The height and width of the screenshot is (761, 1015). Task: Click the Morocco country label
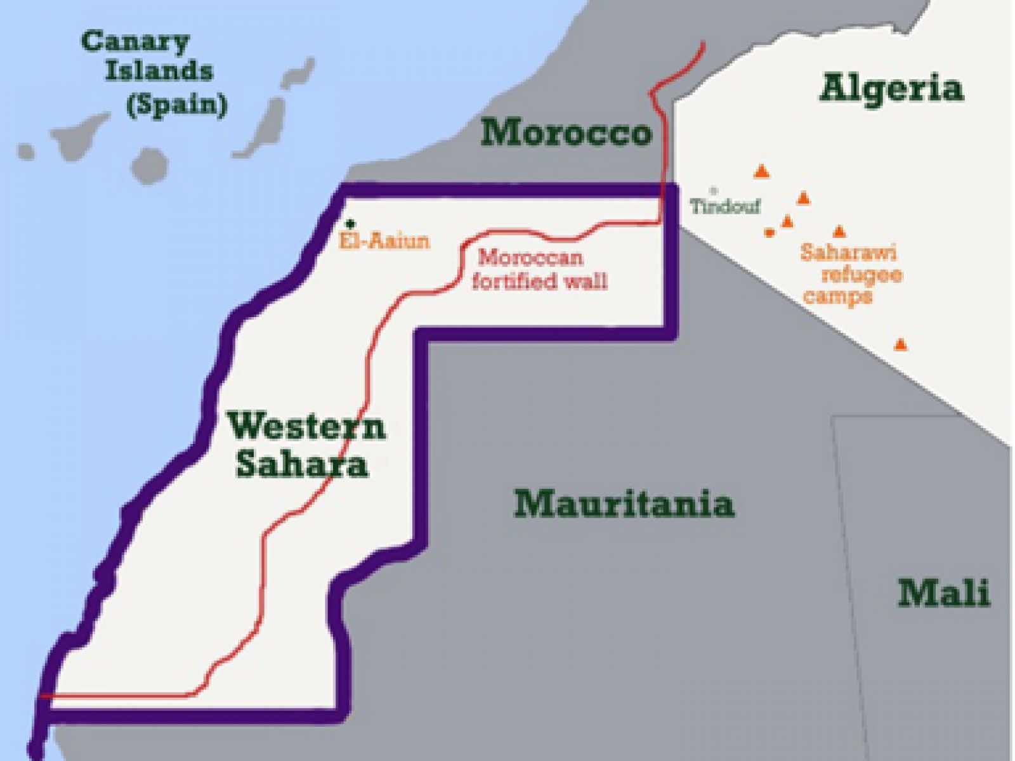tap(566, 133)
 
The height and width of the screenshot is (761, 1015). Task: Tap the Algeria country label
tap(891, 88)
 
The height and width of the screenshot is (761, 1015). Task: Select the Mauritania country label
tap(624, 504)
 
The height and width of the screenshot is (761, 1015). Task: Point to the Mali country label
tap(944, 594)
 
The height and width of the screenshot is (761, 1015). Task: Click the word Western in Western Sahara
tap(306, 426)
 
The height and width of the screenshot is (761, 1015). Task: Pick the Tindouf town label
tap(724, 206)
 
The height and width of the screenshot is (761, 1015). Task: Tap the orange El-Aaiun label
tap(384, 241)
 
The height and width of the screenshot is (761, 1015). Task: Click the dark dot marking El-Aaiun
tap(350, 224)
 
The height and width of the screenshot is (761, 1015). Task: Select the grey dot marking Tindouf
tap(714, 190)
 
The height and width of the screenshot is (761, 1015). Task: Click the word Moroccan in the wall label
tap(530, 257)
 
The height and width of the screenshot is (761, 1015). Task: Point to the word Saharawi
tap(848, 252)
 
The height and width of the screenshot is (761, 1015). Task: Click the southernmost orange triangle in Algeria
tap(900, 345)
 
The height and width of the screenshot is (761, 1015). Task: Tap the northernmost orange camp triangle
tap(762, 171)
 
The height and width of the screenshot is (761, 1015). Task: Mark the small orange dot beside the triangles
tap(769, 233)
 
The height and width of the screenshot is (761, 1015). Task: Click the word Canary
tap(135, 42)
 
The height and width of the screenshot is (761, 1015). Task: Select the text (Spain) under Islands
tap(176, 105)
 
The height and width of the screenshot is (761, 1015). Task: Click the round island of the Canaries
tap(150, 166)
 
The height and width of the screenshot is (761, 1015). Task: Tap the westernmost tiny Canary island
tap(26, 152)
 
